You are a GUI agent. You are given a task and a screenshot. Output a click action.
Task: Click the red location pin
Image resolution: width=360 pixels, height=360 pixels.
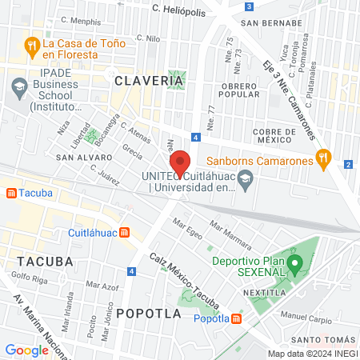pos(180,163)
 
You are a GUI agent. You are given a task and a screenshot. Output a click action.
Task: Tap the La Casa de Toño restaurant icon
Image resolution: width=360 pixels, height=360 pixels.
pos(33,44)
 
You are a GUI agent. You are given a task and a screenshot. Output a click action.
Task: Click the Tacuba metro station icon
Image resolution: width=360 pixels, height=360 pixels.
pos(11,193)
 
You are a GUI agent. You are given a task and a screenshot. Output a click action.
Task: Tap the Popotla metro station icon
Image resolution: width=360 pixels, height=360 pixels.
pos(236,318)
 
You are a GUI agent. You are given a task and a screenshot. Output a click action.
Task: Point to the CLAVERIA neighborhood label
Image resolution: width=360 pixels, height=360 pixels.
pos(143,81)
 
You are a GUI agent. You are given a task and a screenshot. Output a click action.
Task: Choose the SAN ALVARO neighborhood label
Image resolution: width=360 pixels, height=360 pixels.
pos(78,158)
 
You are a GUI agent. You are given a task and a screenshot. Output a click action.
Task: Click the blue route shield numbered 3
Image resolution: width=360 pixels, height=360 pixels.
pos(250,7)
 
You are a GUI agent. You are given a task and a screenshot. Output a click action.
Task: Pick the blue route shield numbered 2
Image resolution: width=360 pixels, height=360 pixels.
pos(348,165)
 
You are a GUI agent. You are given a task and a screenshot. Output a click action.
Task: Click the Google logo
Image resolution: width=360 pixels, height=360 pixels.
pos(26,350)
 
